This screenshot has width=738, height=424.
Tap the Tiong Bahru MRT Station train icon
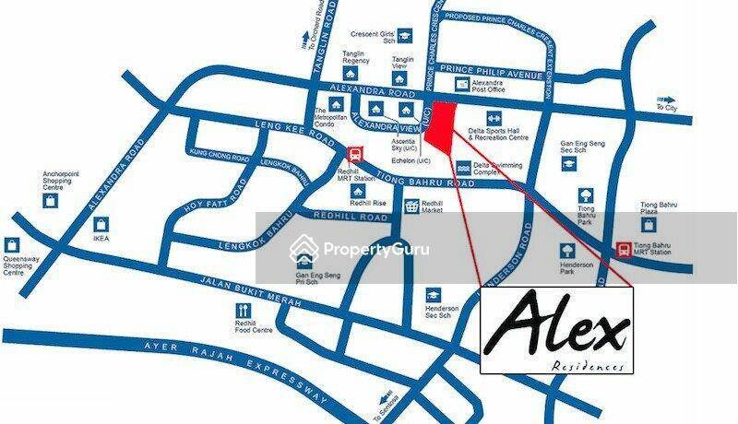point(625,249)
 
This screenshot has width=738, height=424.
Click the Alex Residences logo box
point(556,330)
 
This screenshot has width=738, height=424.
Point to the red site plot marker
point(443,124)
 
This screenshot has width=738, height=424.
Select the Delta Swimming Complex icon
point(463,169)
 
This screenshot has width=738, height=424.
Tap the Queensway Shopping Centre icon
point(12,245)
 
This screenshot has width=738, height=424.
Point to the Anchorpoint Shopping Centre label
point(64,180)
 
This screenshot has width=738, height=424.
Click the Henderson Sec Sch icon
point(434,295)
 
